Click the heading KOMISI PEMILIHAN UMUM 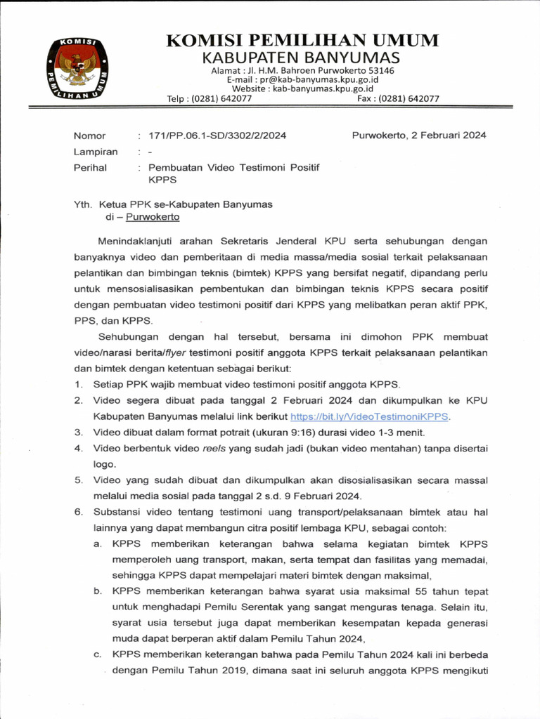tap(302, 40)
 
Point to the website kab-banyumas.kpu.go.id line tap(302, 89)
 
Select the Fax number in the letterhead tap(398, 99)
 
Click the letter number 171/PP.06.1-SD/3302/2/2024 tap(213, 136)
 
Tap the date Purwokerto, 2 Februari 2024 tap(418, 136)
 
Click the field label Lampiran tap(96, 152)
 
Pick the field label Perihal tap(90, 168)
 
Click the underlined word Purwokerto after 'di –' tap(153, 217)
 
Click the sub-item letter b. tap(97, 592)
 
